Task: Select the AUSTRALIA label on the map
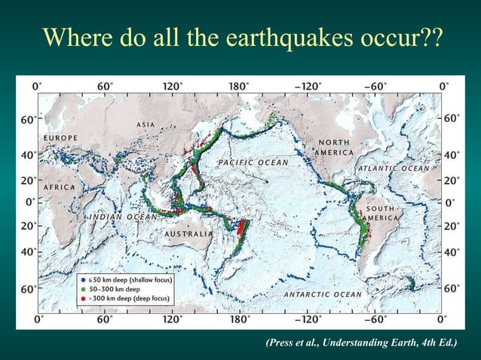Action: tap(188, 234)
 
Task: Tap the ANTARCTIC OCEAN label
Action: tap(322, 294)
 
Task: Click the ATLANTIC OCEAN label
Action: tap(394, 169)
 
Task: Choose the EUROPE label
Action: tap(61, 139)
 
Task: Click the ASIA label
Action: tap(146, 124)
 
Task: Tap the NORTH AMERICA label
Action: tap(334, 148)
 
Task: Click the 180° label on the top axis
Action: tap(239, 86)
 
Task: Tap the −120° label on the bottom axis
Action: tap(309, 320)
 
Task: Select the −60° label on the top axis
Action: tap(376, 86)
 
